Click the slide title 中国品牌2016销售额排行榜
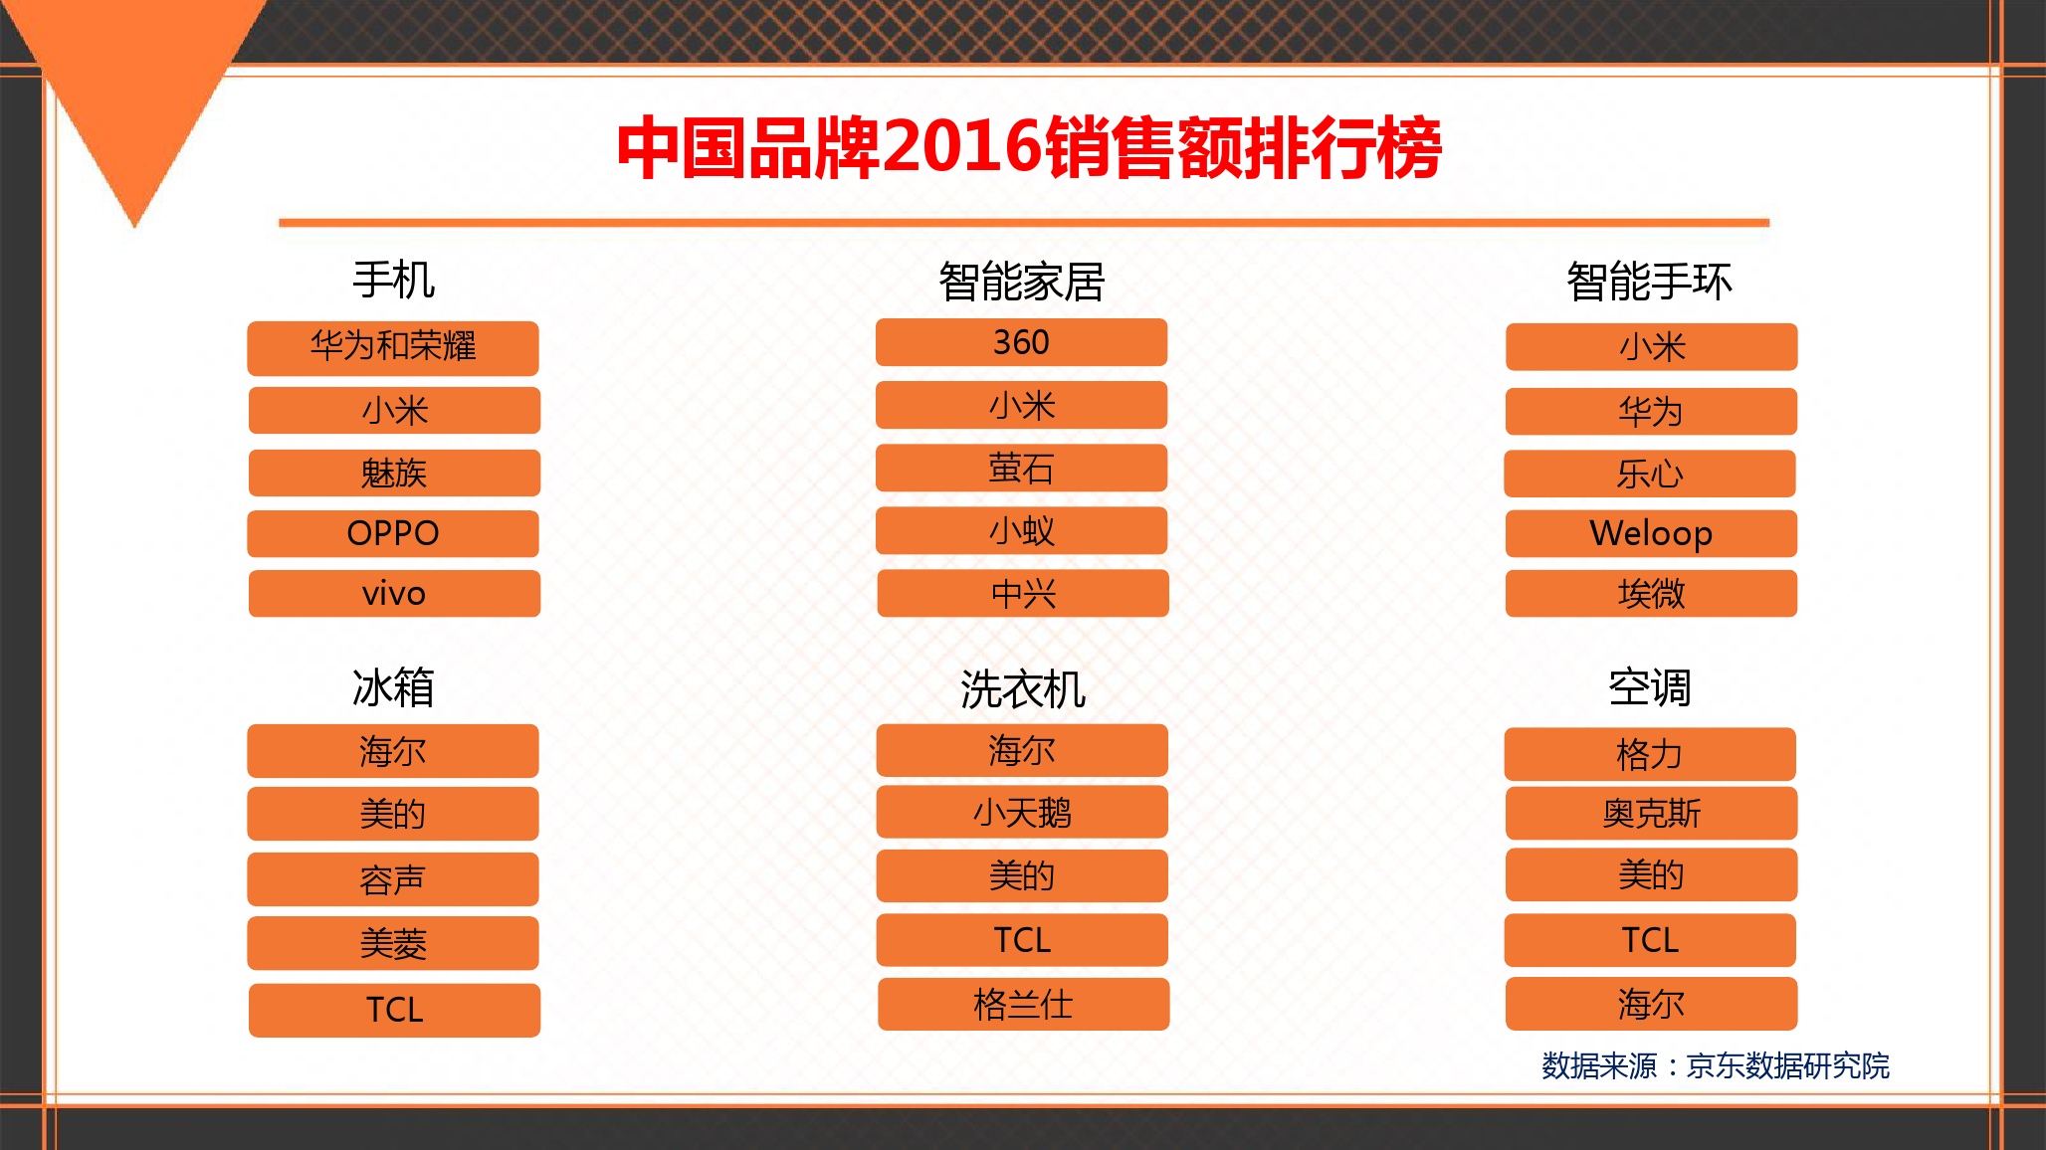1029,147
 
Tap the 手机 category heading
393,280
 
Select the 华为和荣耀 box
393,348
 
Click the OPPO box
393,534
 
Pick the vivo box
394,594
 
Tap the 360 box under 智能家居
1021,342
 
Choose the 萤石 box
1021,468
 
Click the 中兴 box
1023,593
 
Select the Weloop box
1651,534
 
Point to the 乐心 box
1650,474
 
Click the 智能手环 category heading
1649,282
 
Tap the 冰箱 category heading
393,687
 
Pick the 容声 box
393,879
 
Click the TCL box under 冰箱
394,1011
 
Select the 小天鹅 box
1022,812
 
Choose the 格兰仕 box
1023,1004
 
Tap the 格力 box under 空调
1650,754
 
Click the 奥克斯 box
1651,814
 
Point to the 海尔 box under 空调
1651,1004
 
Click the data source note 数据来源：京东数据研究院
1715,1065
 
